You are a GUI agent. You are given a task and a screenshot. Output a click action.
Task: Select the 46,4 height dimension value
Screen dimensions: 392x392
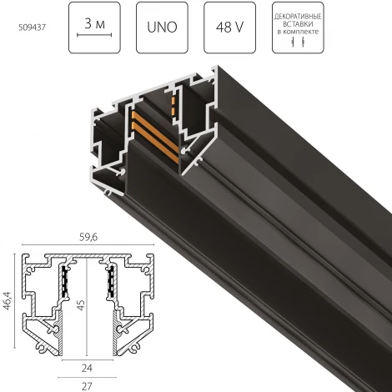pyautogui.click(x=8, y=297)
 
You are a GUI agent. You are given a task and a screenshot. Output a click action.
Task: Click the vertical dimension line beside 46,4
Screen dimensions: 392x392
pyautogui.click(x=18, y=298)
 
